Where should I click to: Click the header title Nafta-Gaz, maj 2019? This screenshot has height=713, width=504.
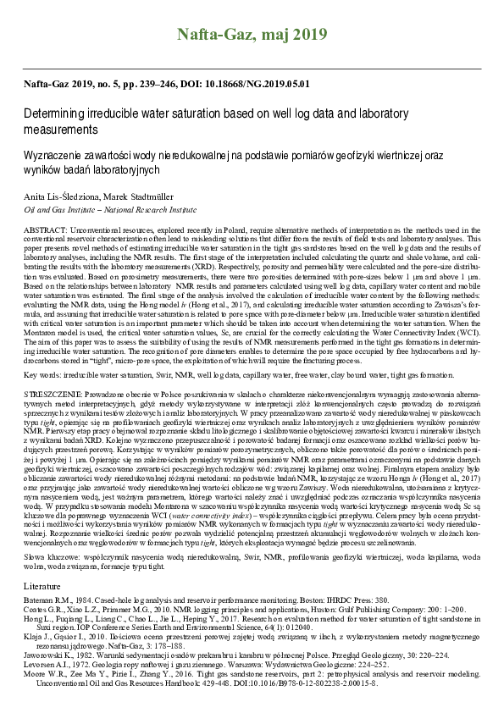(x=252, y=35)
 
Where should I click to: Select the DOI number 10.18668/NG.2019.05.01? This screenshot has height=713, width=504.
(x=263, y=85)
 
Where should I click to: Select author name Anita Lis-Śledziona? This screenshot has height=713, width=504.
(x=61, y=194)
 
